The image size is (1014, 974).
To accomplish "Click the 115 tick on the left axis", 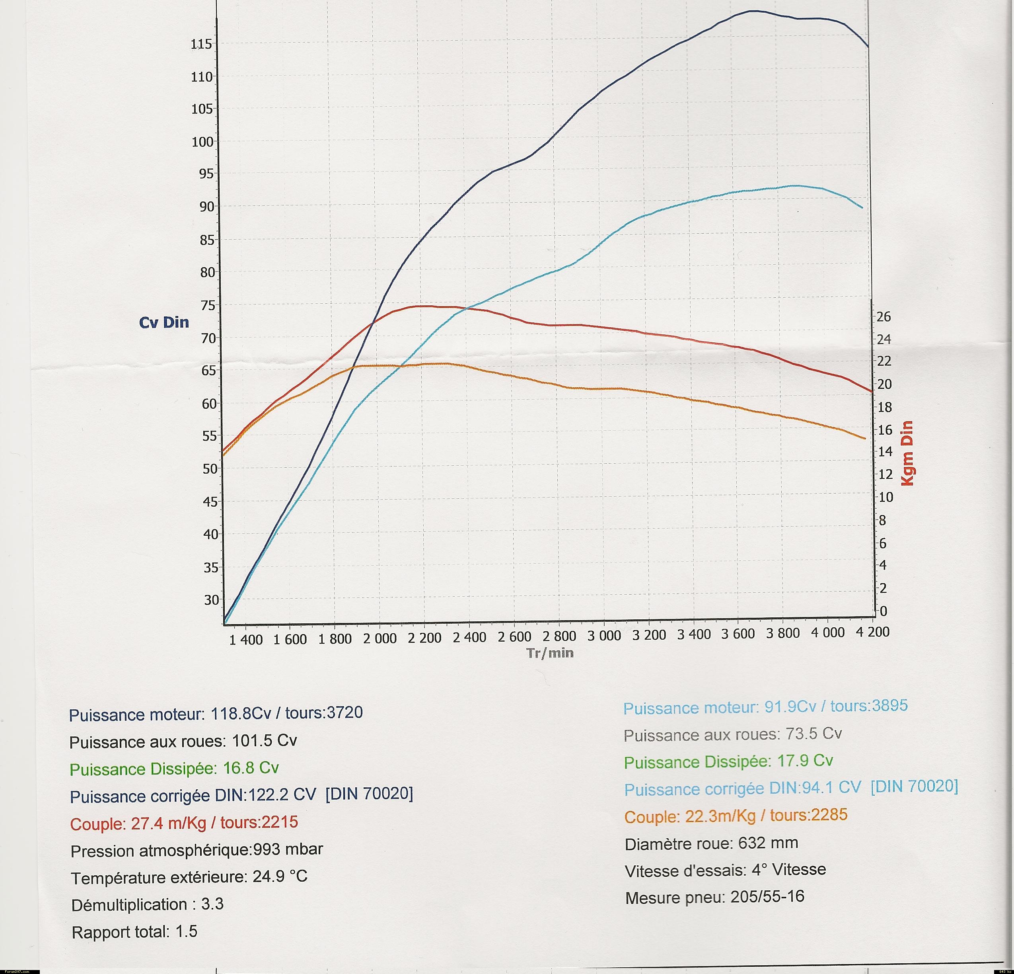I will click(202, 44).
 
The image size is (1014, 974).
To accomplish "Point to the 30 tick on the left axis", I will click(211, 600).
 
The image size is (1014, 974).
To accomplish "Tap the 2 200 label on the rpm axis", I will click(424, 638).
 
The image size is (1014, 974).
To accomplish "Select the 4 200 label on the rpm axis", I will click(873, 632).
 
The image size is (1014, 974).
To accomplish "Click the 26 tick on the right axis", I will click(884, 317).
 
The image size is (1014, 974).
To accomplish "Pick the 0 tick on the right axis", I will click(884, 611).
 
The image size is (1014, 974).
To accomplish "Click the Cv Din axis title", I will click(164, 322).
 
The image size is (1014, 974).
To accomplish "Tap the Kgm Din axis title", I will click(907, 453).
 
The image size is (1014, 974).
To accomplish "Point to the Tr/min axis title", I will click(550, 653).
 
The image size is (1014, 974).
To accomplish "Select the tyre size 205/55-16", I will click(767, 896).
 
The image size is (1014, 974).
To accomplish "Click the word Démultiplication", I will click(129, 905).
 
